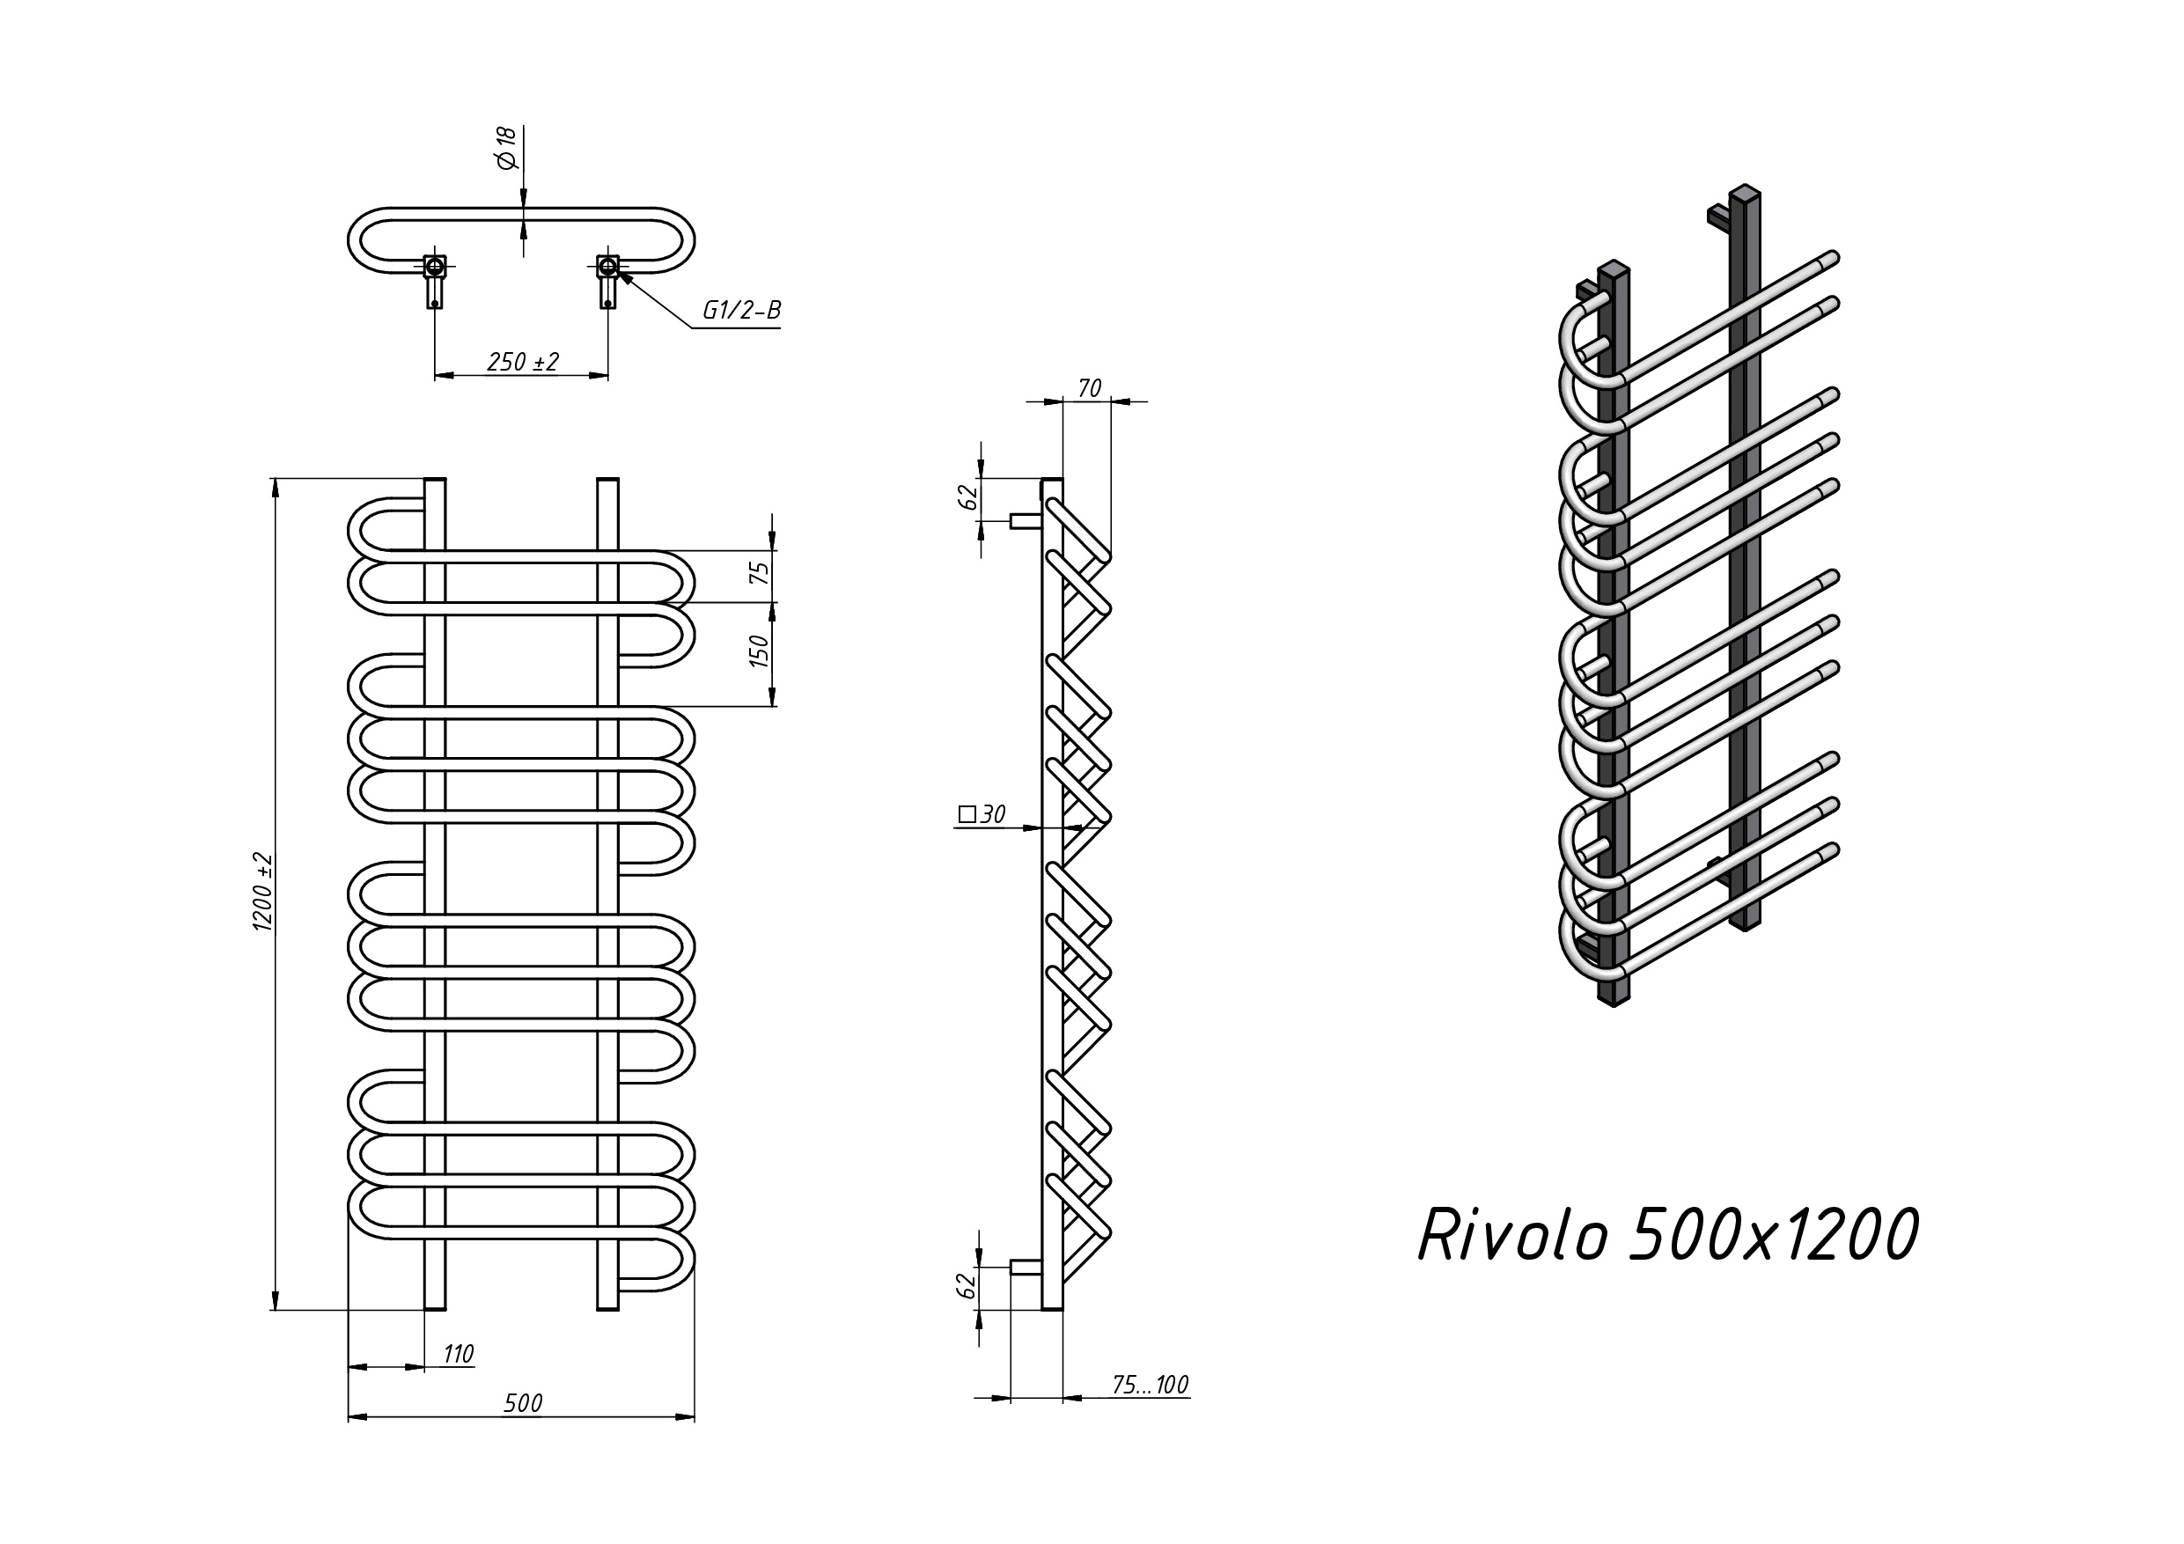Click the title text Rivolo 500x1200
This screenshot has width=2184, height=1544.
point(1667,1236)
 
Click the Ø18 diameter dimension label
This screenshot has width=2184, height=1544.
point(506,149)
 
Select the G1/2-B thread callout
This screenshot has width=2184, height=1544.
point(741,310)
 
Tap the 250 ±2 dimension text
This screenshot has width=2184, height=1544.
point(522,362)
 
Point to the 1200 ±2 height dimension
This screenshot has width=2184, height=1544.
point(263,892)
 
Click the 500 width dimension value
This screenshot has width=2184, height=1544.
point(522,1402)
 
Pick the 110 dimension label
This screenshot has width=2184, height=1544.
point(458,1353)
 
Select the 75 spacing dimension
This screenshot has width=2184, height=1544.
point(759,574)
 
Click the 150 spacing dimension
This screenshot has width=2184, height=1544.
point(759,651)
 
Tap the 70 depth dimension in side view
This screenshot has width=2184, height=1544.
point(1089,388)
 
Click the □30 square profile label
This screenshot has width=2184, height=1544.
point(981,814)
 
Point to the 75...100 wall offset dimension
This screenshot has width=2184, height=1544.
point(1150,1386)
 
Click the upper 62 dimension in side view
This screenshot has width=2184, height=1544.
point(968,496)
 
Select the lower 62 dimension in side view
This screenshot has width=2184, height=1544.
point(967,1285)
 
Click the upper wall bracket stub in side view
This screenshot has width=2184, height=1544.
point(1025,520)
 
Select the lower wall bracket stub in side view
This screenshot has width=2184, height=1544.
point(1025,1268)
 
